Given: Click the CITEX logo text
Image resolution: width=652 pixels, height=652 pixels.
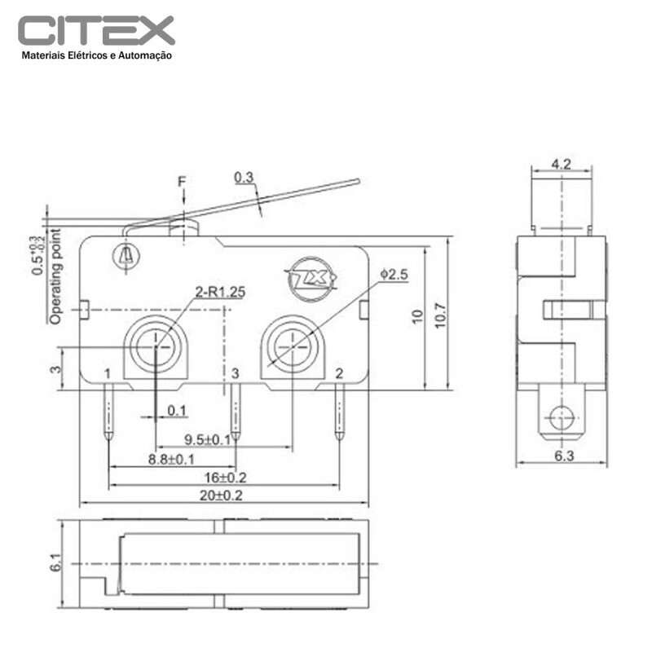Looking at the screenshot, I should [x=96, y=31].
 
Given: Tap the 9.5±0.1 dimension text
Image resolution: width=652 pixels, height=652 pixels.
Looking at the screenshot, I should [x=206, y=440].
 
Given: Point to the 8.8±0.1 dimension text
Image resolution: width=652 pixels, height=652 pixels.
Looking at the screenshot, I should [x=171, y=459].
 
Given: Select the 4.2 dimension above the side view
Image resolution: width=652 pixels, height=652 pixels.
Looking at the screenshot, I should [x=560, y=164].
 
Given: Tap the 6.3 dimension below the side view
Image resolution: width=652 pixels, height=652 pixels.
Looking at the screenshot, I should [x=563, y=456].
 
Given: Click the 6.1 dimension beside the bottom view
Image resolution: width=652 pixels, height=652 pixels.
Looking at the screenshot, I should [x=55, y=562].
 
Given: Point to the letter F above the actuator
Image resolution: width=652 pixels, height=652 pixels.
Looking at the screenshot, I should [x=183, y=181].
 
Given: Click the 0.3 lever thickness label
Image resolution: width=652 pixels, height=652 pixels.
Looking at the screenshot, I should [x=243, y=177].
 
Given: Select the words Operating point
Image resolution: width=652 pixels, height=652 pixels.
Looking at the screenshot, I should [x=55, y=277].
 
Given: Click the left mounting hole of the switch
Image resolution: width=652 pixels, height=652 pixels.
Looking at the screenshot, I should [x=156, y=348].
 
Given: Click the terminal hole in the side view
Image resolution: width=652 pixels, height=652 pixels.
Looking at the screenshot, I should [x=561, y=417].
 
